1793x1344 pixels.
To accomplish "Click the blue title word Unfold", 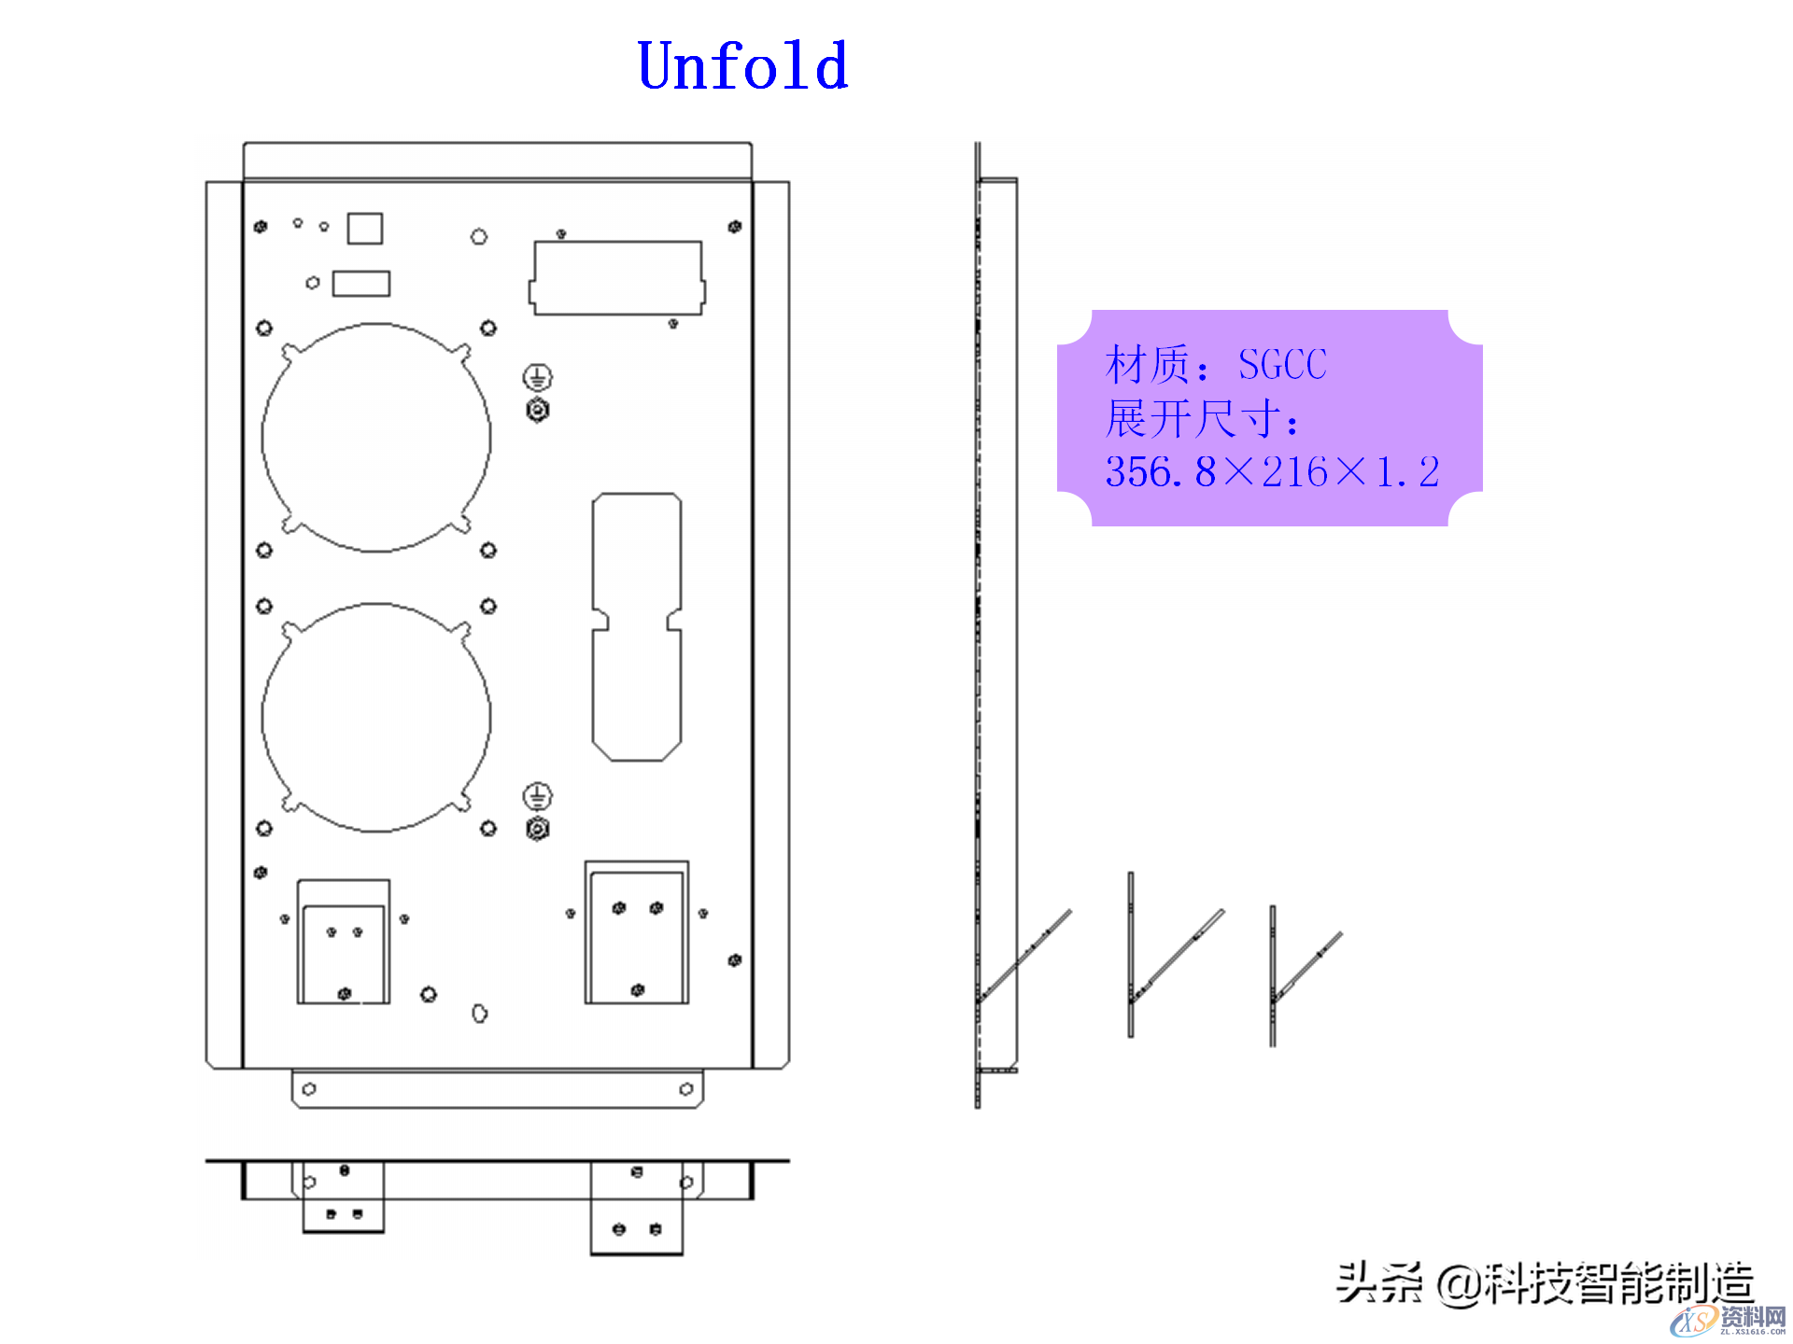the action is coord(742,66).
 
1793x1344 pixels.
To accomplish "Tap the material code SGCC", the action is coord(1282,365).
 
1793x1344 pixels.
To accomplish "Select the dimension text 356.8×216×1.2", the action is coord(1272,472).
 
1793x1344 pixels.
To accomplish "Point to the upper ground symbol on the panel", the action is coord(537,377).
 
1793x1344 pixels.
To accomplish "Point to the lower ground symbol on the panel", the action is coord(537,796).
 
